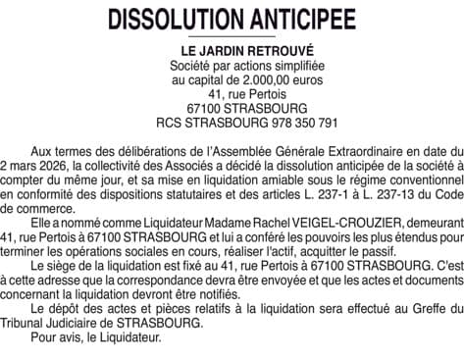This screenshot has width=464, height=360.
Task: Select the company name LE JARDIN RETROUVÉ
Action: coord(232,50)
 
